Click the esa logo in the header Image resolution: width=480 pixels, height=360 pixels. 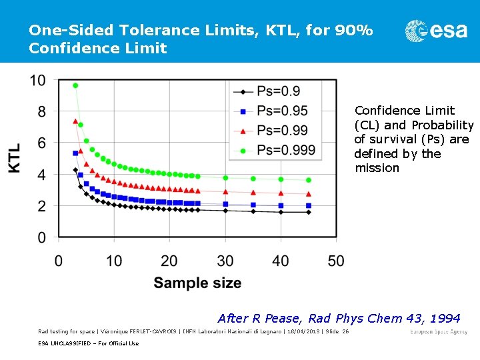click(436, 31)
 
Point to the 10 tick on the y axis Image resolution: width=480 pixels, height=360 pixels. click(38, 81)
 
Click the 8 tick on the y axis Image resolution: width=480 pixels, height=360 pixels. click(41, 112)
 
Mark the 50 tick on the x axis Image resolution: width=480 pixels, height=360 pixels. click(337, 260)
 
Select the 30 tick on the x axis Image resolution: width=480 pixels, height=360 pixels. click(225, 260)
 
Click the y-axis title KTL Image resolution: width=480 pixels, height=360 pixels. click(15, 158)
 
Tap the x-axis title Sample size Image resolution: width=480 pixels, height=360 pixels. click(197, 283)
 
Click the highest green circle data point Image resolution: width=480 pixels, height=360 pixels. click(75, 85)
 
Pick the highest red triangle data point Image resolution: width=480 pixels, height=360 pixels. click(75, 121)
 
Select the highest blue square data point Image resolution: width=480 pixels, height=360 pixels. click(75, 153)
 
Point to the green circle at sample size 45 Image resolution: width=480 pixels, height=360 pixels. click(308, 180)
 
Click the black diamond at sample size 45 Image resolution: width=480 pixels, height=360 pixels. click(308, 212)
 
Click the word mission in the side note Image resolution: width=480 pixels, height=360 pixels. click(377, 168)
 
